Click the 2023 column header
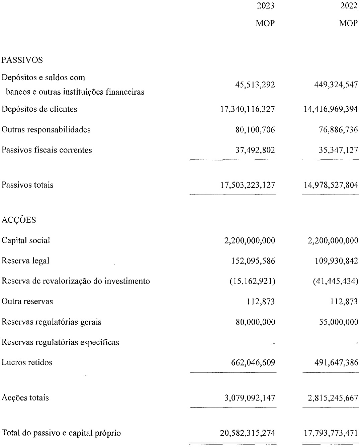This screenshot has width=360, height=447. tap(266, 6)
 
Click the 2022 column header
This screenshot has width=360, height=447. tap(349, 6)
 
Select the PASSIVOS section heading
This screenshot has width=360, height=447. tap(22, 60)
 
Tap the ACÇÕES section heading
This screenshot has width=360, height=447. tap(19, 220)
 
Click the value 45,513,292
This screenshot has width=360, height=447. tap(255, 85)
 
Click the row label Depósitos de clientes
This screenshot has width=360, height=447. tap(39, 109)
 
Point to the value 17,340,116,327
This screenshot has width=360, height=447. tap(248, 109)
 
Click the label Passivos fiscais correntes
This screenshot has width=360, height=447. tap(47, 150)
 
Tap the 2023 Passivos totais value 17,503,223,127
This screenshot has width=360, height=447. tap(248, 185)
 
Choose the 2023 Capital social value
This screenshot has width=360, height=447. tap(250, 240)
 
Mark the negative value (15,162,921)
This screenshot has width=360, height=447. tap(252, 281)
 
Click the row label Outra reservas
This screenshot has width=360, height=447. tap(27, 302)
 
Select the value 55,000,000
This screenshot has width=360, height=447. tap(338, 322)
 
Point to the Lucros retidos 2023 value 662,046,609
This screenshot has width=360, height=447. tap(253, 362)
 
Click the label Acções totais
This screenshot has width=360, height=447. tap(25, 398)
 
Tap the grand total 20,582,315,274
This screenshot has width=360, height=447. tap(248, 433)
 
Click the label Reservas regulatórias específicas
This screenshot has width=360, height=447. tap(61, 342)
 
